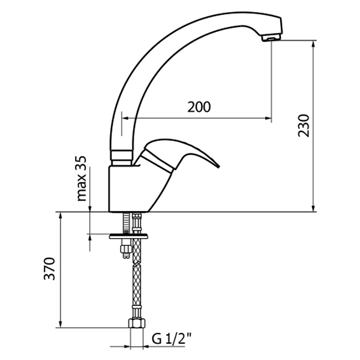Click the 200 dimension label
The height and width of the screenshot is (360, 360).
tap(199, 107)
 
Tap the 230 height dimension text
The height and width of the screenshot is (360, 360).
tap(304, 125)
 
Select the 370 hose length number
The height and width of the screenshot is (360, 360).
tap(50, 269)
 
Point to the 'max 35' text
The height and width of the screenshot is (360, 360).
tap(82, 179)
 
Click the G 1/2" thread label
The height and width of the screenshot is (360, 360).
tap(172, 339)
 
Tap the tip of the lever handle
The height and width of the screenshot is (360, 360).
tap(219, 166)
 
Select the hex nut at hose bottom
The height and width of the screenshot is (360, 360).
tap(137, 323)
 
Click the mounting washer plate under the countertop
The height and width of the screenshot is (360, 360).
tap(128, 236)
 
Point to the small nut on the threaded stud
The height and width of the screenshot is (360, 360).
tap(126, 249)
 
